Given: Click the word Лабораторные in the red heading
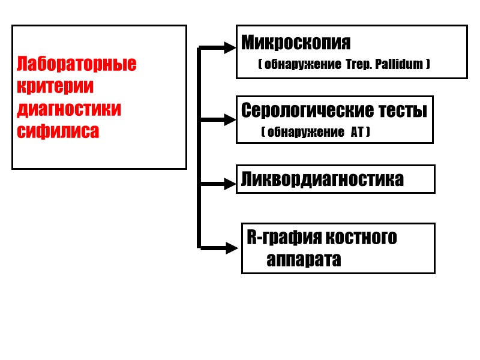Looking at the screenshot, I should (x=77, y=64).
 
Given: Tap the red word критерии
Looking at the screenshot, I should (x=56, y=86).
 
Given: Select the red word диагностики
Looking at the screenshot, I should (x=69, y=109).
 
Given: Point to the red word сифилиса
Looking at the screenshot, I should (x=58, y=131).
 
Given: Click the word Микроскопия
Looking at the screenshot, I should (x=296, y=43).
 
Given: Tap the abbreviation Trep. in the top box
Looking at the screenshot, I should (x=358, y=64).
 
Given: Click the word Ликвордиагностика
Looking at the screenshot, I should (x=322, y=179).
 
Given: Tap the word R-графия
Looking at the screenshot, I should (x=281, y=238).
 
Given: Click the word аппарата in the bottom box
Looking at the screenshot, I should (x=304, y=260).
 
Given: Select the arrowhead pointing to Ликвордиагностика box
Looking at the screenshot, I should (x=229, y=184).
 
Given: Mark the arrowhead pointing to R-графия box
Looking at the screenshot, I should (x=232, y=247).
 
